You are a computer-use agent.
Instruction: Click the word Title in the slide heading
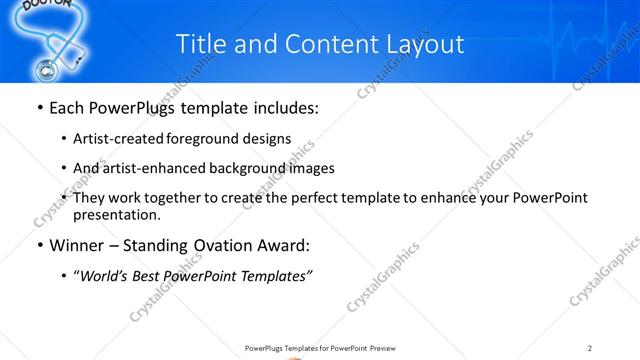point(199,44)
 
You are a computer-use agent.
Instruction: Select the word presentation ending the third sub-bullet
point(115,214)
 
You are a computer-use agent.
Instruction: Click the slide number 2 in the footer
point(590,348)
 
